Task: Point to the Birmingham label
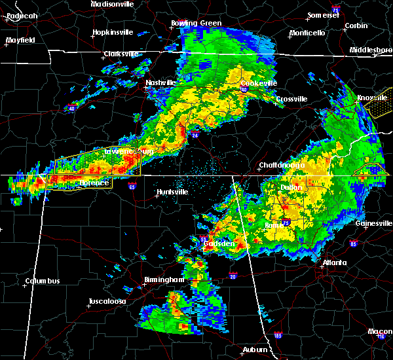(x=164, y=280)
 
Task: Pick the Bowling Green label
(x=196, y=24)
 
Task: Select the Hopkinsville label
(x=113, y=31)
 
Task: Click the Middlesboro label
(x=371, y=50)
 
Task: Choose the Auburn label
(x=254, y=350)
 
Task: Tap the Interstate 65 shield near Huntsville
(x=132, y=187)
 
